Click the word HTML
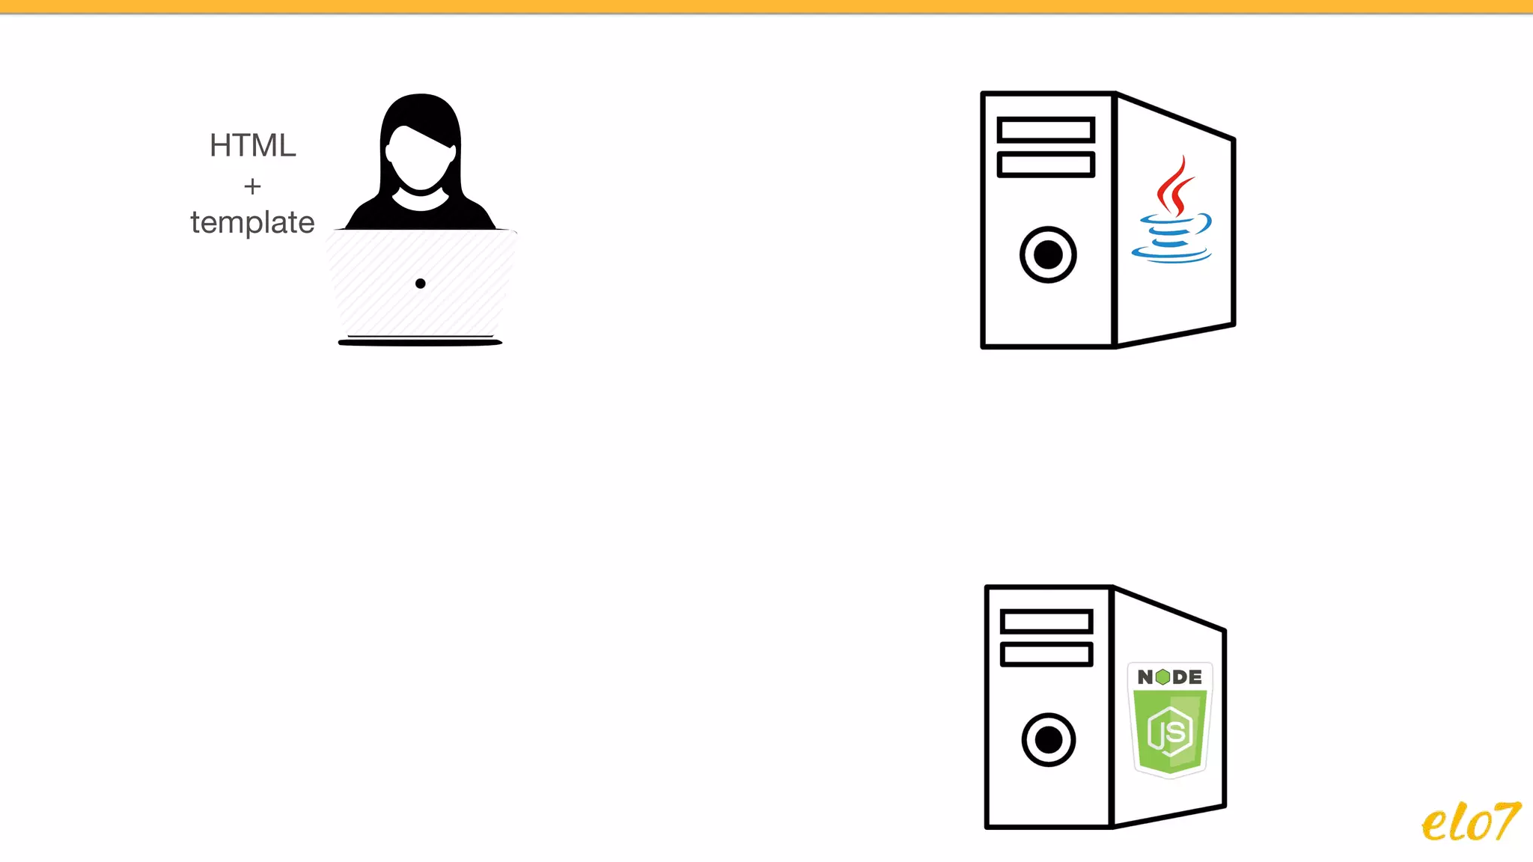(252, 145)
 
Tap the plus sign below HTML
(252, 186)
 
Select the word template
(252, 222)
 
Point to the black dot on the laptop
(421, 284)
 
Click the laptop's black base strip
(420, 343)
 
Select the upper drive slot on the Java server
(1046, 129)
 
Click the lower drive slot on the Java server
(1046, 164)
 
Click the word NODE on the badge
(1169, 677)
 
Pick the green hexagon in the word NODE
(1162, 677)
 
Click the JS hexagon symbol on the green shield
(1170, 731)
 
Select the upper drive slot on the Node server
(1046, 621)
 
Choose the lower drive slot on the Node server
(1046, 654)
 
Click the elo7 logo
(1470, 822)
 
